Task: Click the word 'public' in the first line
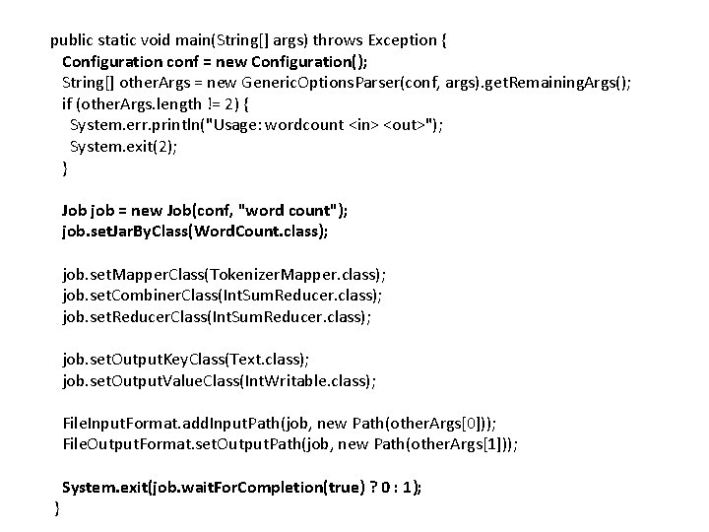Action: pos(72,40)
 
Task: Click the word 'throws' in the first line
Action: pos(339,40)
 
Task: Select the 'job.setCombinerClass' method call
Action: pos(138,296)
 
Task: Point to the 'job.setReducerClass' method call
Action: pos(133,316)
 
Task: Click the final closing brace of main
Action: pos(56,507)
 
